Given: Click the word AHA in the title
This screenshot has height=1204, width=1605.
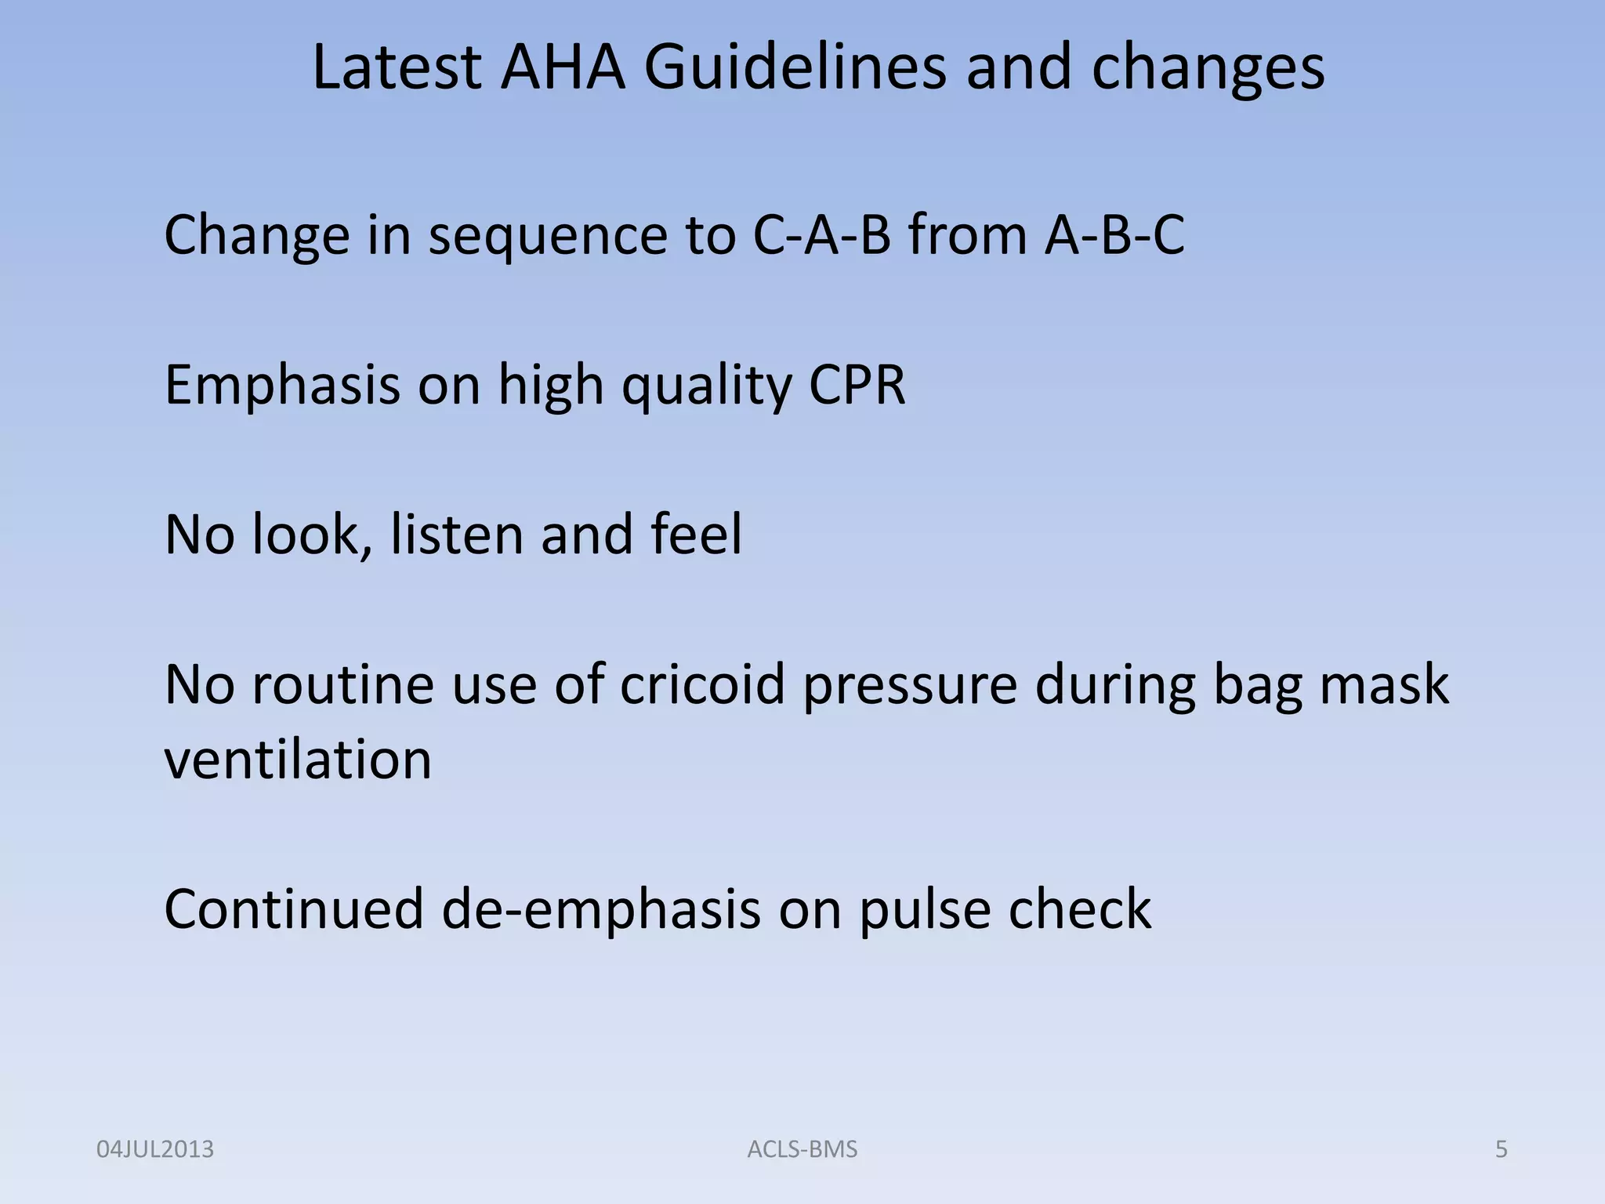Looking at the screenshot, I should coord(563,68).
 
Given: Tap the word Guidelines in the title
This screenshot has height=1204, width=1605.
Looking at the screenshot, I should coord(795,68).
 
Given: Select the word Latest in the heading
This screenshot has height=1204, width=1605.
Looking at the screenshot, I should coord(397,68).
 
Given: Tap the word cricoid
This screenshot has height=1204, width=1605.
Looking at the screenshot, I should coord(702,684).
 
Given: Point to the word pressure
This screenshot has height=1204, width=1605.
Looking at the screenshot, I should coord(909,684).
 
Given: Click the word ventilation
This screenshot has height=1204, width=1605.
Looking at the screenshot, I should coord(298,760).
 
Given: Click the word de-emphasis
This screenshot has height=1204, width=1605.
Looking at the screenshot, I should coord(601,909).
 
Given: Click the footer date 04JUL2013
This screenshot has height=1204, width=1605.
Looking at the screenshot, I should coord(154,1149).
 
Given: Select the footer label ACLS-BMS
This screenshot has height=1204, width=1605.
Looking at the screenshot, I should coord(802,1149).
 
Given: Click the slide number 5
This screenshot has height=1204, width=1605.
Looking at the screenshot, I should coord(1501,1149).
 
